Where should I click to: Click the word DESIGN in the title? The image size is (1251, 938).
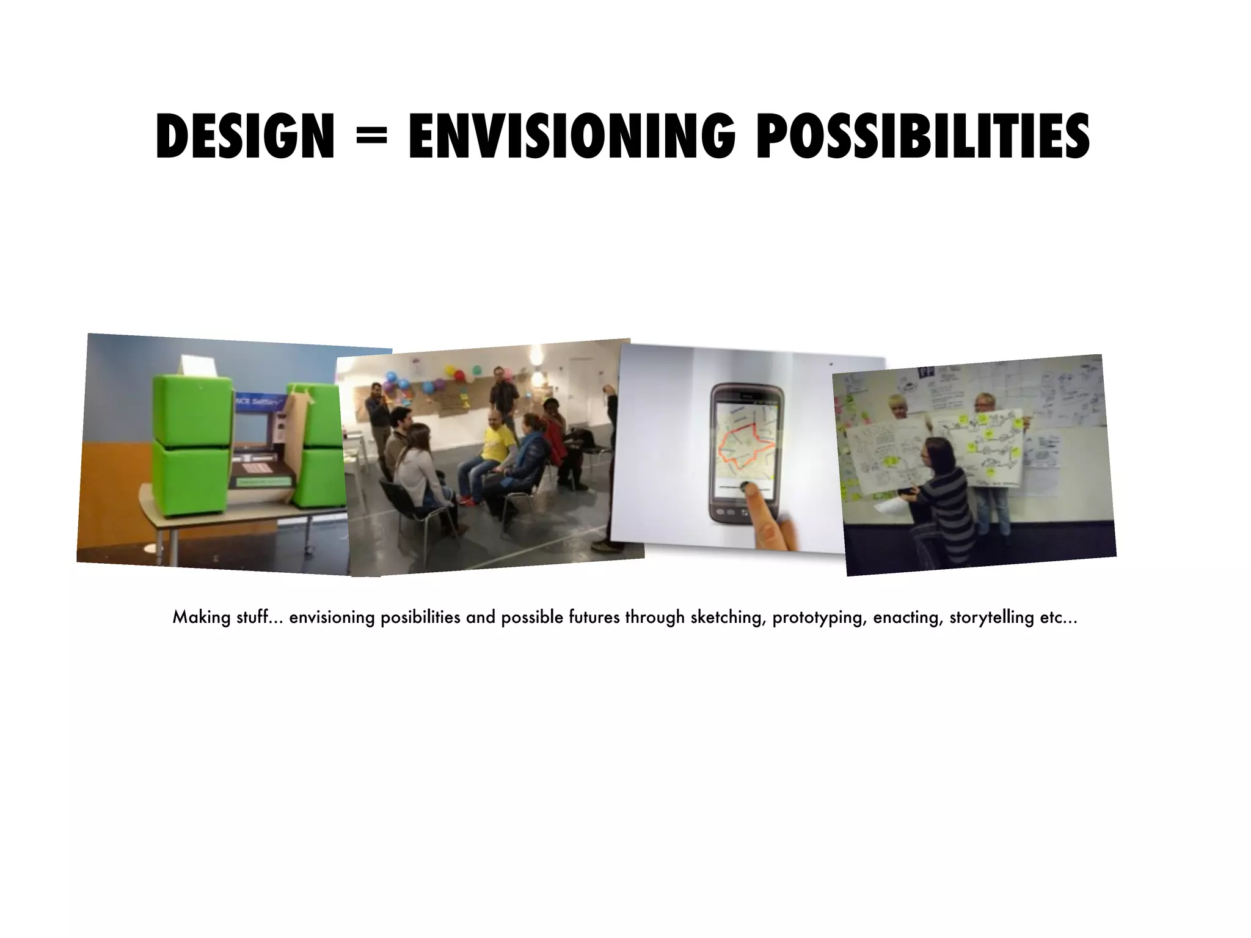click(x=245, y=138)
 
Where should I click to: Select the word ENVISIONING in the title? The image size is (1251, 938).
click(x=572, y=138)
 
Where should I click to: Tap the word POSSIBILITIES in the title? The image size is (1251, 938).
click(x=922, y=138)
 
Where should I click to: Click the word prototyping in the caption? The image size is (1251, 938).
click(x=820, y=618)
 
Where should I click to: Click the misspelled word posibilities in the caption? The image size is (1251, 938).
click(x=420, y=617)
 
